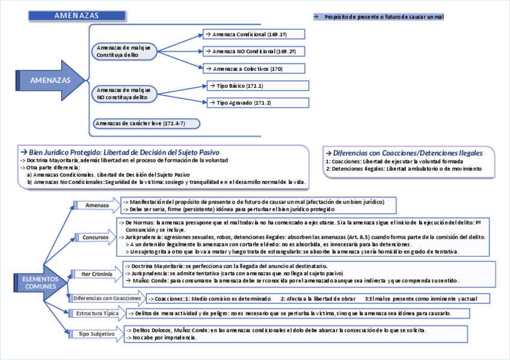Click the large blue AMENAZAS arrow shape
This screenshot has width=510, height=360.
tap(51, 80)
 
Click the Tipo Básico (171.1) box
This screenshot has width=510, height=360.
tap(258, 86)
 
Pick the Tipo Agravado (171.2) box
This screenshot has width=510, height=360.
tap(258, 103)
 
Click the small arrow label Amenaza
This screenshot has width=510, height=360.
tap(96, 206)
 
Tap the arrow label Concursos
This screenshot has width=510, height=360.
tap(96, 237)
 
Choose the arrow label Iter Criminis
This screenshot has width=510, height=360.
tap(96, 275)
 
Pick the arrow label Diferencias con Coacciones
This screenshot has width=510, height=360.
tap(107, 298)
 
